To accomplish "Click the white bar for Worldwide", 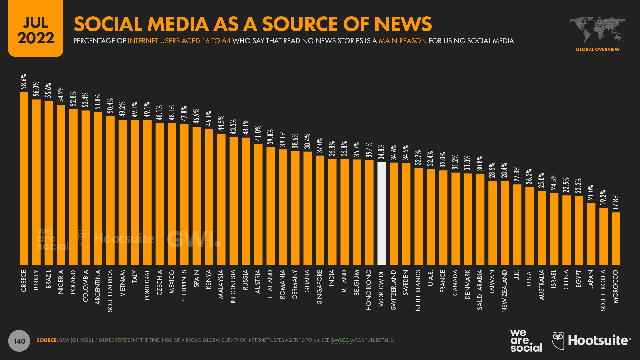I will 381,213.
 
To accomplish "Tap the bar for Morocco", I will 616,239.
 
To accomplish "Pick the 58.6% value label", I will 24,82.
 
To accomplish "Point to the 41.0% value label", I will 258,133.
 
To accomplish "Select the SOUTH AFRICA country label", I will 110,291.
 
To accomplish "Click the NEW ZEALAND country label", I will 504,291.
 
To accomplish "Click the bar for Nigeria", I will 61,185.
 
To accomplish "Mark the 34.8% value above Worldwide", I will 381,152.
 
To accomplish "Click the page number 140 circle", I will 19,341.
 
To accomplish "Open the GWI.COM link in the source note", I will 342,340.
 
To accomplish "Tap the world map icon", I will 597,29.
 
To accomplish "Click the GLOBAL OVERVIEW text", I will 597,49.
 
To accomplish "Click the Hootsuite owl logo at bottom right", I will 558,340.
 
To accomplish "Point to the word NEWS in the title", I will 403,24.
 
